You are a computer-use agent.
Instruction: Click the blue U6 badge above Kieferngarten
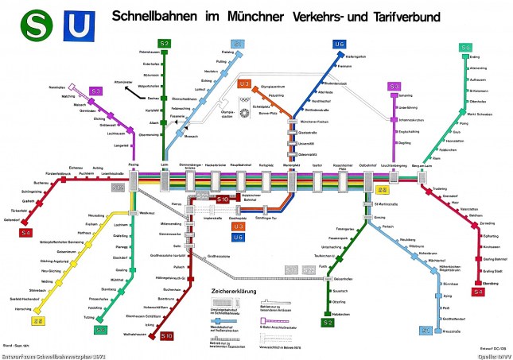point(340,44)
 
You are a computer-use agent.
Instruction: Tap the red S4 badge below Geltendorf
point(26,232)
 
